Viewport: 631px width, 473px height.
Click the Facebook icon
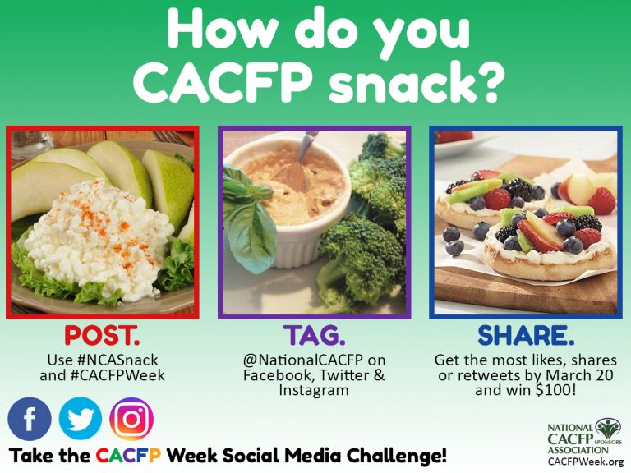click(x=30, y=419)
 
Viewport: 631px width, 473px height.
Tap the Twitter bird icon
click(x=81, y=419)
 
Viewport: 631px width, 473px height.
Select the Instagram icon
click(x=131, y=419)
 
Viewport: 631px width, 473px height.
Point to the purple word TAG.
click(x=314, y=337)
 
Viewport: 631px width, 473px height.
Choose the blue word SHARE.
click(x=526, y=337)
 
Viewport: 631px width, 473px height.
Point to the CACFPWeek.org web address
click(x=586, y=462)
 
